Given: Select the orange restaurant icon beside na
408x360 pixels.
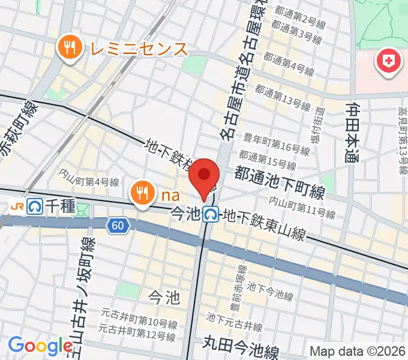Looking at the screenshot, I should coord(142,193).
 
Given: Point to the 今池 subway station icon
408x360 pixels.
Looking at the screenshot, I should coord(210,213).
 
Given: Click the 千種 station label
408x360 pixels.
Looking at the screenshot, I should coord(59,207).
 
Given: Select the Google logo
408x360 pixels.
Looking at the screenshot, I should coord(41,345).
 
